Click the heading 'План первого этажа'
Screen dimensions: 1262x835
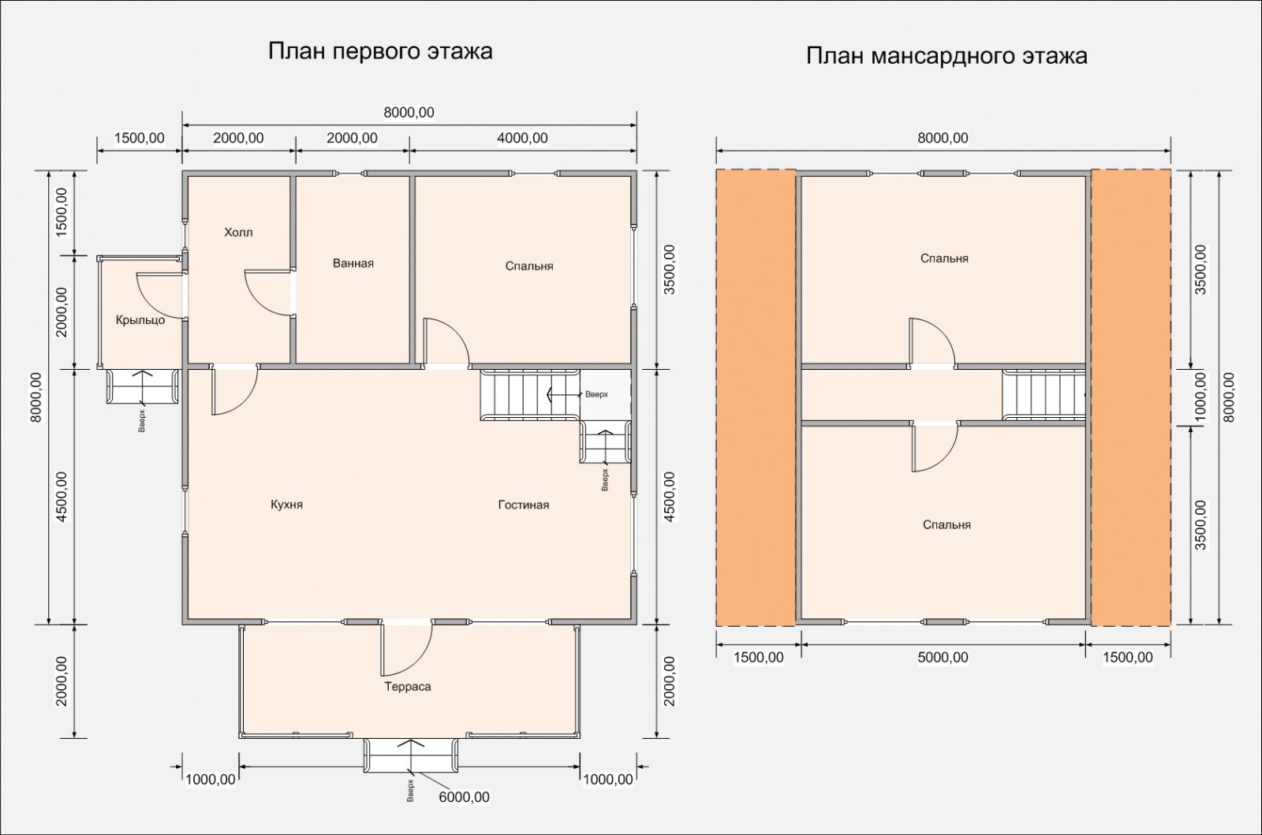click(380, 51)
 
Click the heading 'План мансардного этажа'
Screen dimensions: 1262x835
click(946, 56)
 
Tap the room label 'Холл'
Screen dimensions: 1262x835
click(238, 233)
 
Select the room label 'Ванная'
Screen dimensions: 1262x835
click(353, 263)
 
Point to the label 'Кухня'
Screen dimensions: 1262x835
click(287, 504)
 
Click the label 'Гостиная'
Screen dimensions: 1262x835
click(524, 505)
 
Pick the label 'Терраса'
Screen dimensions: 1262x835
click(408, 686)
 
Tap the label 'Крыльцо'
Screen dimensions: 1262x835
click(140, 320)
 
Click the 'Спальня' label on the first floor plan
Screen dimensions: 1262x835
click(529, 266)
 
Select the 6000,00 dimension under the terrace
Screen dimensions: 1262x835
click(464, 797)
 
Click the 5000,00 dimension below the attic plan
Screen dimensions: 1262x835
click(943, 657)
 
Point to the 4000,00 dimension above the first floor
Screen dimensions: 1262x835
click(522, 138)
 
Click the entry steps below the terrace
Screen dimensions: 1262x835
click(410, 755)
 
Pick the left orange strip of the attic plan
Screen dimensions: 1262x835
click(756, 397)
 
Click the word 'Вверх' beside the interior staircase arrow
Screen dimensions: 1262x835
click(596, 394)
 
